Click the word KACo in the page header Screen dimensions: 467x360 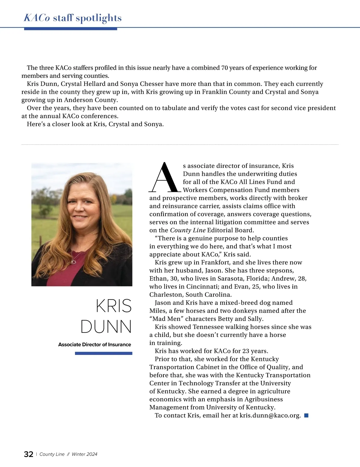(37, 18)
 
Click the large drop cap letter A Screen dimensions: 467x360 (165, 178)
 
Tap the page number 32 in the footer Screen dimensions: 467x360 (28, 454)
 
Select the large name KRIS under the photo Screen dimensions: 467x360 (114, 306)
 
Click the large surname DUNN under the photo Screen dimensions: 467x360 (106, 326)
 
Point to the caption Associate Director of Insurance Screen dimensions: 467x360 (94, 345)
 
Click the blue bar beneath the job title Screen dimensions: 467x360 (103, 353)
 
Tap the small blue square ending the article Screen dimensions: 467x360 (306, 415)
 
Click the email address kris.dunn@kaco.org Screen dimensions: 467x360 (270, 415)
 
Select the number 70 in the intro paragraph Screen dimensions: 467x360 (224, 68)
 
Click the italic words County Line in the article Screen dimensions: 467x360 (188, 230)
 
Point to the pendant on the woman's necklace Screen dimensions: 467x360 (73, 262)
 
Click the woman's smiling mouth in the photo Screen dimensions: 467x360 (80, 216)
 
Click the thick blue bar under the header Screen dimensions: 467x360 (70, 29)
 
